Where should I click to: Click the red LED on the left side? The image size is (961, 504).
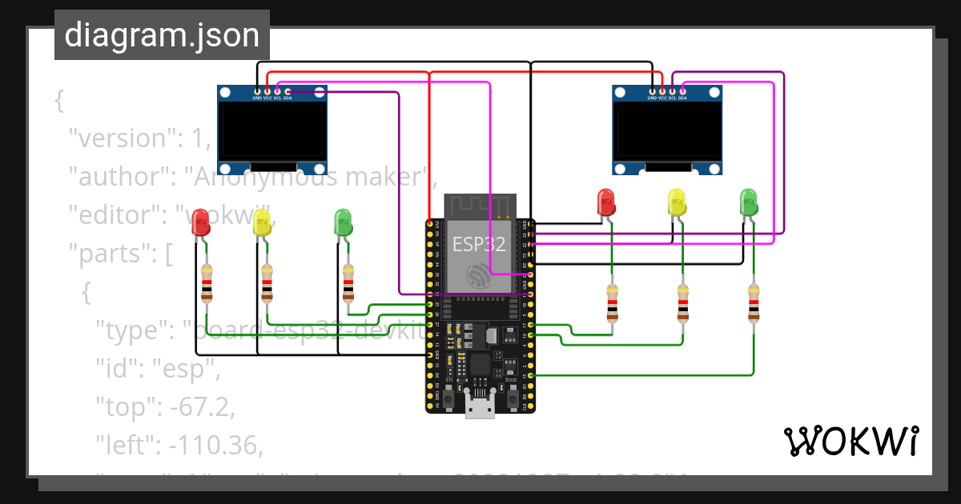[x=200, y=222]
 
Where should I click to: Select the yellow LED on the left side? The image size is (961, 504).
[x=262, y=222]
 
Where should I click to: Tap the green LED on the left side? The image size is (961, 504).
[x=343, y=222]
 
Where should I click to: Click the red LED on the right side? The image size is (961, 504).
[x=606, y=201]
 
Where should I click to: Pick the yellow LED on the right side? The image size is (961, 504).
[x=677, y=201]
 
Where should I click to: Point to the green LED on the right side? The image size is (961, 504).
[x=748, y=201]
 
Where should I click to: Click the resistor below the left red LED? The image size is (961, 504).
[x=207, y=284]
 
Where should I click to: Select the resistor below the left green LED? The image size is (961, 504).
[x=348, y=284]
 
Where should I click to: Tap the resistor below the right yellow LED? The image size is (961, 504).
[x=682, y=302]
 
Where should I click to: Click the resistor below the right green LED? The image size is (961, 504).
[x=753, y=302]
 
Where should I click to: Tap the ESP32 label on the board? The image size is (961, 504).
[x=479, y=244]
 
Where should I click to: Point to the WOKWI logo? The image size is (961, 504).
[x=850, y=441]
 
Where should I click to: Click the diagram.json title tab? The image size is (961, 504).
[x=162, y=35]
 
